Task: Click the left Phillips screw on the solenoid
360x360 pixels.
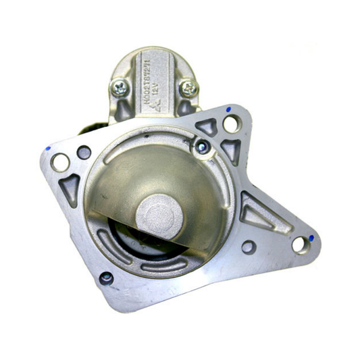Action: click(120, 87)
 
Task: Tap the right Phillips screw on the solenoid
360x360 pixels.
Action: click(188, 87)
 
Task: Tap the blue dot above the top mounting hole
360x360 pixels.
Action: click(228, 109)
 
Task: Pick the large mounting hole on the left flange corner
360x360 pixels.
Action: click(60, 162)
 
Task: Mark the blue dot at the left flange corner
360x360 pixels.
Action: click(49, 147)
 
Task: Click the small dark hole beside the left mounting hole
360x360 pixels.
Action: click(84, 153)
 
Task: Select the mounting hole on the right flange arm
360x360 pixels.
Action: click(299, 244)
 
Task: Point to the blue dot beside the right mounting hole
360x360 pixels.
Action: click(311, 237)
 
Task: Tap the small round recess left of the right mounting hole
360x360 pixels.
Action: click(249, 247)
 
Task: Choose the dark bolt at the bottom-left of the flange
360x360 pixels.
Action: click(106, 277)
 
